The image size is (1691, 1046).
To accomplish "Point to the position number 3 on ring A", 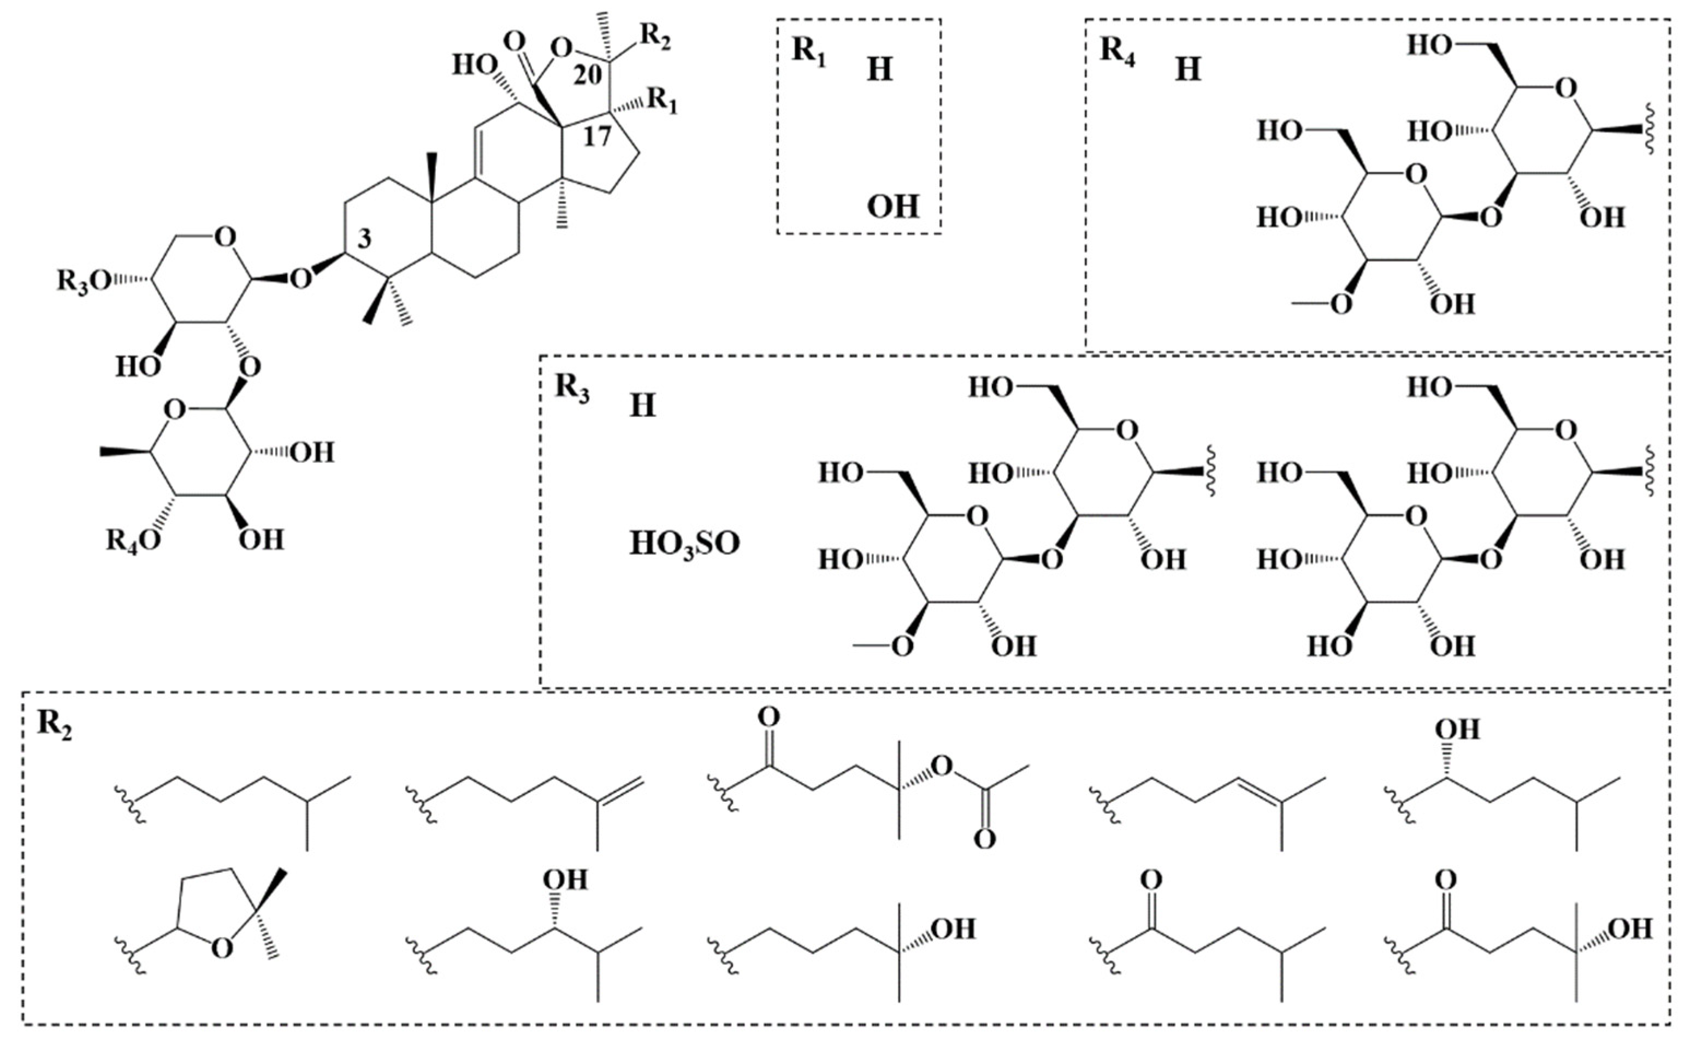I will tap(365, 239).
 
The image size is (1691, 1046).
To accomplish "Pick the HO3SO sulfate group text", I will tap(684, 544).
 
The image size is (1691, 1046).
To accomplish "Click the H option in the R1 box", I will tap(879, 70).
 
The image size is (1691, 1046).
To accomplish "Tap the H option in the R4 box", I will tap(1188, 70).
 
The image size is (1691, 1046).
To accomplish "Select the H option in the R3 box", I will tap(642, 406).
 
